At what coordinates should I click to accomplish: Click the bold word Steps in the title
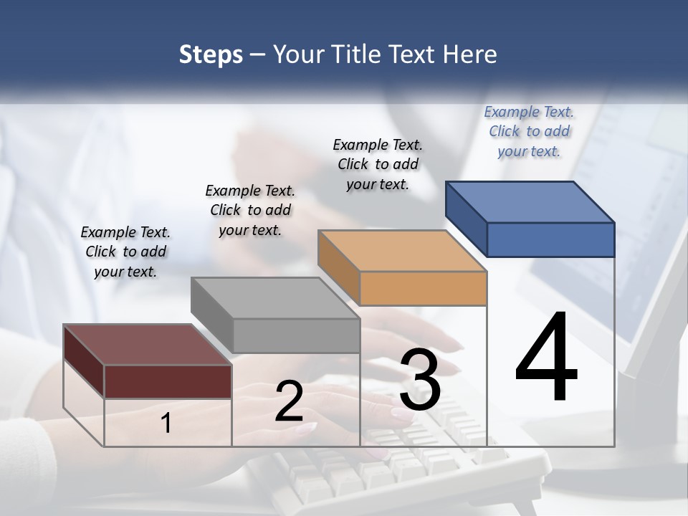pyautogui.click(x=211, y=54)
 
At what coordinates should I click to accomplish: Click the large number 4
pyautogui.click(x=546, y=358)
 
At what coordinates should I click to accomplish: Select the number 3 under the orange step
pyautogui.click(x=420, y=380)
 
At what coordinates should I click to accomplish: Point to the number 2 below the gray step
pyautogui.click(x=289, y=401)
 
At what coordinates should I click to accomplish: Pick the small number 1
pyautogui.click(x=166, y=423)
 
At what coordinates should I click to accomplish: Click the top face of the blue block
pyautogui.click(x=530, y=201)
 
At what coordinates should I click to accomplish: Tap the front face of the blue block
pyautogui.click(x=550, y=239)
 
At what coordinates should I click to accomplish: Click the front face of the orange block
pyautogui.click(x=423, y=288)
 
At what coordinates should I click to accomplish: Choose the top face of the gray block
pyautogui.click(x=275, y=298)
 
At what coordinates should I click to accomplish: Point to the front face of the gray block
pyautogui.click(x=296, y=335)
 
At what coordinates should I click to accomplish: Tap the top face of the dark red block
pyautogui.click(x=148, y=345)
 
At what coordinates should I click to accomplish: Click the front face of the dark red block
pyautogui.click(x=168, y=381)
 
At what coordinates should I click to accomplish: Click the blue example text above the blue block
pyautogui.click(x=529, y=131)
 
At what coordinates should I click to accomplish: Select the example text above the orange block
pyautogui.click(x=378, y=164)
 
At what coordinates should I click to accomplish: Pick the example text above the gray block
pyautogui.click(x=250, y=210)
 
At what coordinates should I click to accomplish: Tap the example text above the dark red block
pyautogui.click(x=125, y=252)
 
